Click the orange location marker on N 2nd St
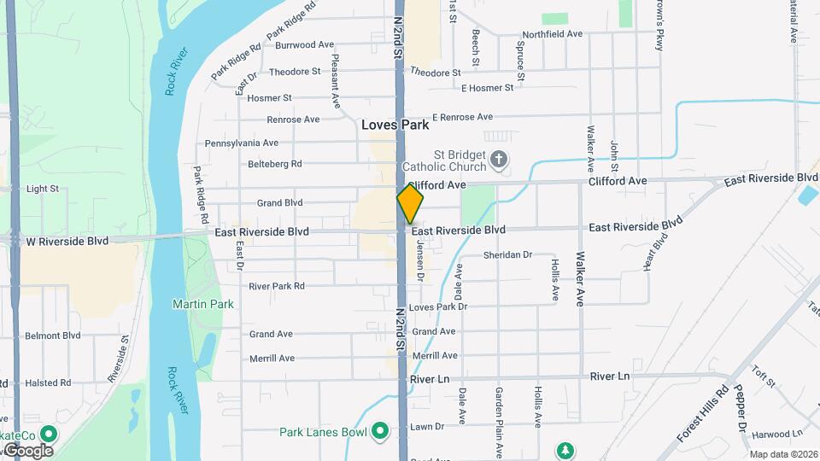(410, 203)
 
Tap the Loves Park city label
(395, 125)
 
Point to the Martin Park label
(202, 304)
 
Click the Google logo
(27, 450)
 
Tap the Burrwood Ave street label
(304, 44)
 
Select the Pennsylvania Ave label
(242, 143)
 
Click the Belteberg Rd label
(274, 164)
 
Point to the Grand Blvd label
(280, 203)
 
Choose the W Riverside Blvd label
(67, 242)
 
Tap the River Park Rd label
(277, 286)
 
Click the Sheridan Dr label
(507, 255)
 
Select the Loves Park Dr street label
(438, 306)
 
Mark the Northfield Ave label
(552, 34)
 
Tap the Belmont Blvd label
(53, 336)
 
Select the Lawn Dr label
(427, 426)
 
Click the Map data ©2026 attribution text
(782, 454)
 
